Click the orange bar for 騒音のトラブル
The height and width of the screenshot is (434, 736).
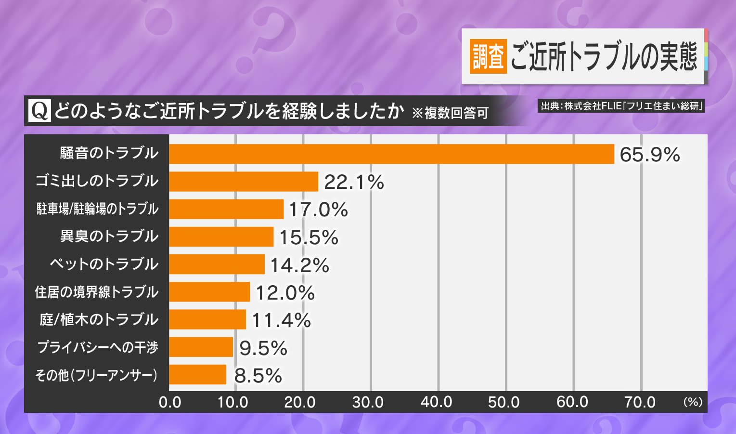pyautogui.click(x=391, y=154)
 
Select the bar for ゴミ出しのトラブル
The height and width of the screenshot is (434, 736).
pyautogui.click(x=244, y=182)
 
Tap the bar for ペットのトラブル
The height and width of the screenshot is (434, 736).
pyautogui.click(x=217, y=264)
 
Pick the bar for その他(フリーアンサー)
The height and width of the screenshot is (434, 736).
pyautogui.click(x=197, y=375)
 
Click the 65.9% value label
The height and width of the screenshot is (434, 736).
pyautogui.click(x=649, y=155)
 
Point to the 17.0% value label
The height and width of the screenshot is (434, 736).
pyautogui.click(x=318, y=210)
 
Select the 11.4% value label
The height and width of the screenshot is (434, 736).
pyautogui.click(x=281, y=320)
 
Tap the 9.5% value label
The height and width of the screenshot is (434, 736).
pyautogui.click(x=263, y=348)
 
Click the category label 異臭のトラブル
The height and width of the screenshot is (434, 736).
pyautogui.click(x=109, y=237)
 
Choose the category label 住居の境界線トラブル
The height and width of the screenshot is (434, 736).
pyautogui.click(x=97, y=292)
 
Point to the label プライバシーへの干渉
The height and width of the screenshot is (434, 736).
pyautogui.click(x=98, y=347)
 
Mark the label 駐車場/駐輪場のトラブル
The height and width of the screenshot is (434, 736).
pyautogui.click(x=97, y=209)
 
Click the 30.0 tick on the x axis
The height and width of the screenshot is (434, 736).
pyautogui.click(x=368, y=402)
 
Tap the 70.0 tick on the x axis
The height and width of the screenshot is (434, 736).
pyautogui.click(x=640, y=402)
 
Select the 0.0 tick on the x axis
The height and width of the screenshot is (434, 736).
pyautogui.click(x=170, y=402)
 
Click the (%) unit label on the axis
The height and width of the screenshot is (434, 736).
pyautogui.click(x=693, y=402)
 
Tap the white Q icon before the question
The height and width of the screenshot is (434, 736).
pyautogui.click(x=39, y=111)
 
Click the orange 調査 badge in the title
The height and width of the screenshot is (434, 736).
pyautogui.click(x=488, y=56)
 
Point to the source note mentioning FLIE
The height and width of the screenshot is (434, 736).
pyautogui.click(x=621, y=106)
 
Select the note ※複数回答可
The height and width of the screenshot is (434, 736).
pyautogui.click(x=450, y=113)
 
